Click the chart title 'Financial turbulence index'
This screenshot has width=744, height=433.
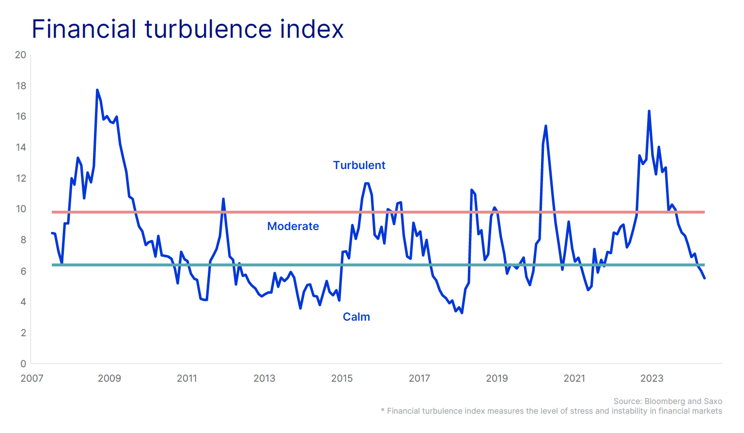tap(187, 29)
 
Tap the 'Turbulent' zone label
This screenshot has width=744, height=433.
tap(359, 165)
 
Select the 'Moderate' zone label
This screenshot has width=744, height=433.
tap(293, 226)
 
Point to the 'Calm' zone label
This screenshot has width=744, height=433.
tap(356, 317)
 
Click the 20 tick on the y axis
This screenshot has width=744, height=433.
tap(20, 55)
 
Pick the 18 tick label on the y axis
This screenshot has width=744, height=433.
tap(20, 86)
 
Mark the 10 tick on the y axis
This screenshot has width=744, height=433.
tap(20, 209)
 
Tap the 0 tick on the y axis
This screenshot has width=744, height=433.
tap(23, 363)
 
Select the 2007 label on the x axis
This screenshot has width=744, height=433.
tap(32, 378)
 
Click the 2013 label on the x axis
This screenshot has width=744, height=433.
tap(264, 378)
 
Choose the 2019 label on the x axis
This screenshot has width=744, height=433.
tap(497, 378)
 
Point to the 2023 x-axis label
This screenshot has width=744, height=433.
tap(652, 378)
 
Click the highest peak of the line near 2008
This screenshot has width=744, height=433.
tap(97, 90)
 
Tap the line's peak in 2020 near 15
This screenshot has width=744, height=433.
tap(546, 126)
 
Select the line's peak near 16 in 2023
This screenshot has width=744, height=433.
tap(649, 111)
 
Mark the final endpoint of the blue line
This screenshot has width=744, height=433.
tap(704, 278)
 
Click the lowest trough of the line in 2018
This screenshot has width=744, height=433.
tap(462, 313)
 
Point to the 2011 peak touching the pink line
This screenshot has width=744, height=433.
tap(223, 199)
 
